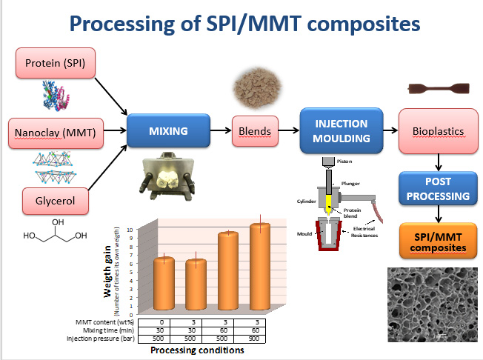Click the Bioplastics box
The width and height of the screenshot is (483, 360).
coord(436,132)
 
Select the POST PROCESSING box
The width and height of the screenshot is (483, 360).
coord(436,190)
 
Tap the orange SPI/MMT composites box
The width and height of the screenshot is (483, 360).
coord(436,241)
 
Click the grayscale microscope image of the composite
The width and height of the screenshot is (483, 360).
coord(433,304)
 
